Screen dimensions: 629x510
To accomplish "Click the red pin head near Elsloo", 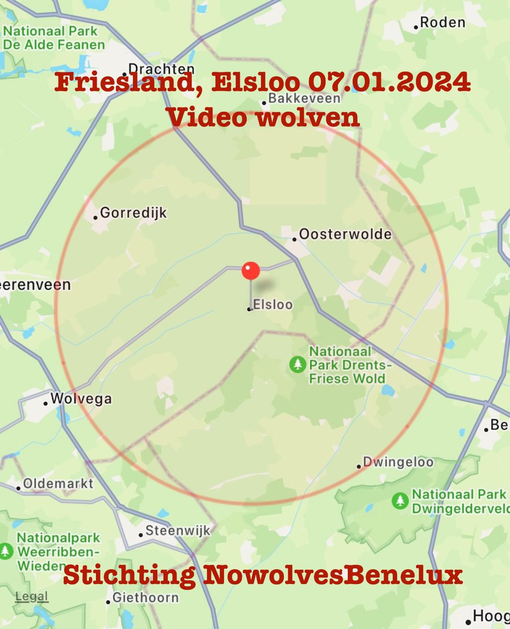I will pyautogui.click(x=251, y=271).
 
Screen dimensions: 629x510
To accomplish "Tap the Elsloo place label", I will pyautogui.click(x=272, y=305).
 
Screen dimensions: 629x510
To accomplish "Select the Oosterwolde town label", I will pyautogui.click(x=346, y=234).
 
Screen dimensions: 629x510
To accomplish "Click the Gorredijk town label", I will pyautogui.click(x=133, y=213).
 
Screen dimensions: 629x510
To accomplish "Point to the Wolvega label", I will pyautogui.click(x=81, y=399).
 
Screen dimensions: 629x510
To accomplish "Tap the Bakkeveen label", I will pyautogui.click(x=304, y=99).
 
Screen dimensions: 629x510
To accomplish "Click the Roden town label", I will pyautogui.click(x=442, y=22).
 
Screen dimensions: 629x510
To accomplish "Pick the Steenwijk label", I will pyautogui.click(x=178, y=530).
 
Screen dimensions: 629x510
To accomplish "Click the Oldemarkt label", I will pyautogui.click(x=58, y=483).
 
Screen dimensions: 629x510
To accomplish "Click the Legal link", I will pyautogui.click(x=31, y=597).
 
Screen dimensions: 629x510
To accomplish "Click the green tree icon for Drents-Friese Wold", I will pyautogui.click(x=298, y=364).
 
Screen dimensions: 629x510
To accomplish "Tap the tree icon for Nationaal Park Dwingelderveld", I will pyautogui.click(x=401, y=501).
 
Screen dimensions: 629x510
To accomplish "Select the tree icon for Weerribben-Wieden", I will pyautogui.click(x=6, y=551).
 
